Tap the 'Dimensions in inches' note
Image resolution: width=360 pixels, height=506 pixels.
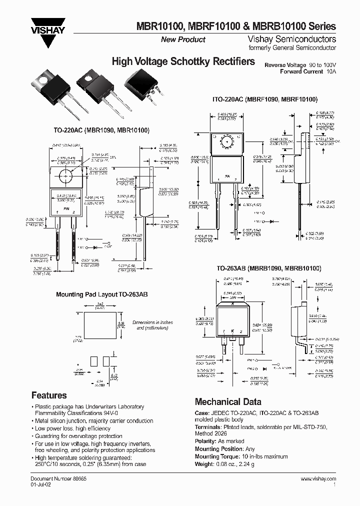pyautogui.click(x=152, y=322)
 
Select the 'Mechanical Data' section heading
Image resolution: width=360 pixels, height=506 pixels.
pyautogui.click(x=227, y=401)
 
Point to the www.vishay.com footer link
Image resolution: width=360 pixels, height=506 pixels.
pyautogui.click(x=318, y=478)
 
